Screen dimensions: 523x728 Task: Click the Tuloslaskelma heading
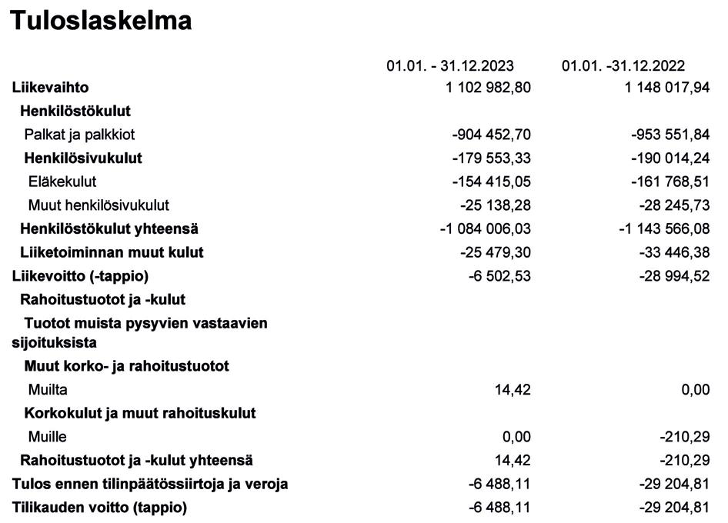click(101, 21)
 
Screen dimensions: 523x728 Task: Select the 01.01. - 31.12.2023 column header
click(450, 66)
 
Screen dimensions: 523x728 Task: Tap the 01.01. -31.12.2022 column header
click(623, 66)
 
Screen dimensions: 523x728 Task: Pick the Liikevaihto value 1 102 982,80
click(488, 88)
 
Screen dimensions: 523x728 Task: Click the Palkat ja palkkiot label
click(79, 135)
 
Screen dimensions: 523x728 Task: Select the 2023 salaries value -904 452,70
click(492, 135)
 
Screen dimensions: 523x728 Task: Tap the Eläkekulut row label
click(62, 182)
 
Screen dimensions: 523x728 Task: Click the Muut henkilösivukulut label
click(99, 205)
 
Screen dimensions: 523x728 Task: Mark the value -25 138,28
click(496, 205)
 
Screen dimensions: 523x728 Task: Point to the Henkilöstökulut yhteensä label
click(109, 229)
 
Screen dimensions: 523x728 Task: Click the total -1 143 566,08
click(664, 229)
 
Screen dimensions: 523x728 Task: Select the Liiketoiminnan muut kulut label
click(112, 252)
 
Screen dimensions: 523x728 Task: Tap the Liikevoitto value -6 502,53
click(499, 276)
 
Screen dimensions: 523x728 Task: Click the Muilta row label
click(48, 390)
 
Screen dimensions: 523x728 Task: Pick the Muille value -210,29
click(685, 437)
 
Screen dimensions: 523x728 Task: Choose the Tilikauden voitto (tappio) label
click(99, 508)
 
